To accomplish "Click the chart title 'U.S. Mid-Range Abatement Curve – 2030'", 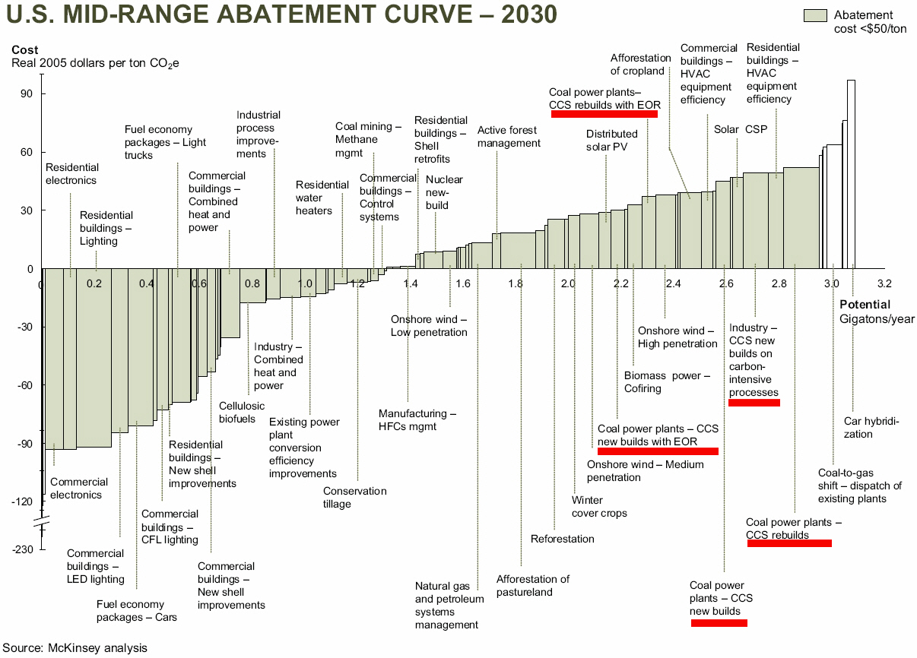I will [x=282, y=15].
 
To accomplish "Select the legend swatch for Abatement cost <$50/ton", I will [x=815, y=16].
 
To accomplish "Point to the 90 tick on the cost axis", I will [x=27, y=94].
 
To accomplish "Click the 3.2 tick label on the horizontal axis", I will [x=884, y=283].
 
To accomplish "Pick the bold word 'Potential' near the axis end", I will [x=865, y=305].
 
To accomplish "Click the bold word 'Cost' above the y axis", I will [x=25, y=50].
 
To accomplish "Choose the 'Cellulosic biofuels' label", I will [x=242, y=412].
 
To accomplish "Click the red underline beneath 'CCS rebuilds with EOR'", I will [x=604, y=114].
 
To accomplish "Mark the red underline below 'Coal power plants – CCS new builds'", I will [x=719, y=623].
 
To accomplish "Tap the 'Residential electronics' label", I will [x=71, y=174].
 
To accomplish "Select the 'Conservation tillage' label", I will [x=354, y=497].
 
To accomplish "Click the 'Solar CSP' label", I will [x=740, y=129].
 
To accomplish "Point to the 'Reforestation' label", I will [x=562, y=539].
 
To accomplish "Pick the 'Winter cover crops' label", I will [x=599, y=506].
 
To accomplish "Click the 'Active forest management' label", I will [x=509, y=137].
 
